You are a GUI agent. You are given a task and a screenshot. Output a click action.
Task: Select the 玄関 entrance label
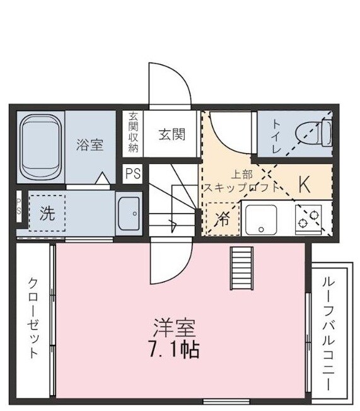pos(171,134)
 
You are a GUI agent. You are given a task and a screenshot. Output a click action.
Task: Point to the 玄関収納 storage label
pos(133,132)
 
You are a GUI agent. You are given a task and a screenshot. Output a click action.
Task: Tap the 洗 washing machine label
pos(47,213)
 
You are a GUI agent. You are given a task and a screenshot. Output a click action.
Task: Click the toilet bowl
pos(323,132)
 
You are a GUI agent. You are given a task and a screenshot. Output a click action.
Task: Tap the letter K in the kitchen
pos(304,184)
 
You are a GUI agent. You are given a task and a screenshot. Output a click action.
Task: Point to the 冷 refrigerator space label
pos(223,219)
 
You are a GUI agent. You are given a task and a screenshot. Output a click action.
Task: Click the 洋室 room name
pos(174,328)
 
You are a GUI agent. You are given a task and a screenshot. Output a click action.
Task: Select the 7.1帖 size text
pos(174,349)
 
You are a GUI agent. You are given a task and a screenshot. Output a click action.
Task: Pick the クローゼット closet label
pos(33,318)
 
